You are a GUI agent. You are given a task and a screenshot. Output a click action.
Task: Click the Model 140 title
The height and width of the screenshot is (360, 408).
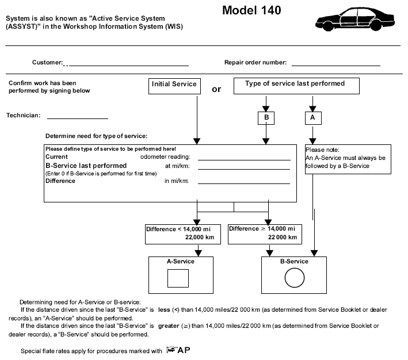click(251, 10)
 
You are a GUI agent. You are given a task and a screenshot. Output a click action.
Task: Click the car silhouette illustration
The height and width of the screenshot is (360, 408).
click(355, 19)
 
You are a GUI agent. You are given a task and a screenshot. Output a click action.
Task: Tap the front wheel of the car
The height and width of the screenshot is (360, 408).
click(327, 26)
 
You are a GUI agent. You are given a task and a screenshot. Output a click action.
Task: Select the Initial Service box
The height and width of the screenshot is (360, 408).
click(174, 86)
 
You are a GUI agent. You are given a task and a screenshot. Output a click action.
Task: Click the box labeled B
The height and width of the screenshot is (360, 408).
click(266, 118)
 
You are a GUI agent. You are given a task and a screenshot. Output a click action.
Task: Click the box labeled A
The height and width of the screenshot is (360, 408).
click(313, 118)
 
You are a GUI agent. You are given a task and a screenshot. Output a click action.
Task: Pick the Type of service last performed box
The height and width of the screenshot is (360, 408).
click(296, 86)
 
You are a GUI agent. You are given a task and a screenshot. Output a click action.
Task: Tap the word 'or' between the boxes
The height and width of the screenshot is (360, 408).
click(216, 89)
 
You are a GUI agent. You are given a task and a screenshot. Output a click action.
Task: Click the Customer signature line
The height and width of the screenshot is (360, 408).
click(129, 66)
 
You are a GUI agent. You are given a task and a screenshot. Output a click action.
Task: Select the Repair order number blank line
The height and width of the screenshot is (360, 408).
click(336, 66)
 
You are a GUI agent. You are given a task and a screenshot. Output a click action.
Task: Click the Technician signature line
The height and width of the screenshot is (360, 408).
click(78, 118)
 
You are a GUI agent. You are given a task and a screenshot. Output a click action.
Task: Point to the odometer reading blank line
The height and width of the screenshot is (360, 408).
click(244, 160)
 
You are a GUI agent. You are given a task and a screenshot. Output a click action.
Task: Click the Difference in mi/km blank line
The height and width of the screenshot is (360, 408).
click(244, 183)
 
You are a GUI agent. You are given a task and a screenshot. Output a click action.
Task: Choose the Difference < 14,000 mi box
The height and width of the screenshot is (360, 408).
click(183, 235)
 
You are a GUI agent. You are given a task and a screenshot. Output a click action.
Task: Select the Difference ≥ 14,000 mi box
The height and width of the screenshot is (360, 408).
click(265, 235)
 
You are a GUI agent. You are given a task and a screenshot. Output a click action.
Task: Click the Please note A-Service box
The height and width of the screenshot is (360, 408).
click(348, 159)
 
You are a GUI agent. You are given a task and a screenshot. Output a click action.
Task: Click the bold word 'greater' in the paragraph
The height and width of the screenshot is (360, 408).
click(169, 326)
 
